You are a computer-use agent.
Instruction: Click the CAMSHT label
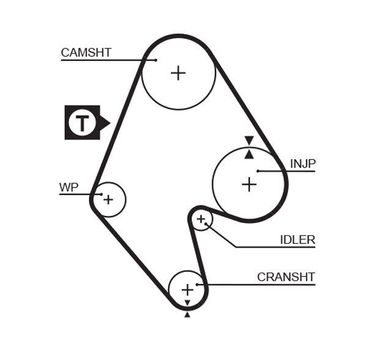click(86, 53)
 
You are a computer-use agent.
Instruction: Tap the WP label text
click(69, 187)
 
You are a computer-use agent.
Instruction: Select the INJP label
click(303, 163)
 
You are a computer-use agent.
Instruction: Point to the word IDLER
click(297, 240)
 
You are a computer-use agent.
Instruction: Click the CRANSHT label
click(286, 277)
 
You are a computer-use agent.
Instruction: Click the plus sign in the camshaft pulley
click(178, 73)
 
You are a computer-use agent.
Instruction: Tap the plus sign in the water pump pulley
click(108, 199)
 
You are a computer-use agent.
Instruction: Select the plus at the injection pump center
click(249, 184)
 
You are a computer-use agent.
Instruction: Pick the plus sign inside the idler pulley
click(201, 219)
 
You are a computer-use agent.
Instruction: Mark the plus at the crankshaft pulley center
click(187, 289)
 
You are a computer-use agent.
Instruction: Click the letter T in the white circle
click(81, 123)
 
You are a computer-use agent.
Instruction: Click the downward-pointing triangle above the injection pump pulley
click(249, 141)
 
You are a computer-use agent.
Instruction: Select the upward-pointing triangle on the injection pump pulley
click(249, 154)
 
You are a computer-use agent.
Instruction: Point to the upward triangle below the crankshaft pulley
click(187, 314)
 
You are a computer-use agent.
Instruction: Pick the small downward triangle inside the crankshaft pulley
click(187, 303)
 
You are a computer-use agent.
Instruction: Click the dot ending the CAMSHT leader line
click(155, 60)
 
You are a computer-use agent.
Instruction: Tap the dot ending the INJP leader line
click(259, 171)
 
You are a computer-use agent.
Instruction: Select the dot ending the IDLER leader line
click(207, 224)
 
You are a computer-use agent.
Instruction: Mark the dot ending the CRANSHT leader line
click(197, 284)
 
